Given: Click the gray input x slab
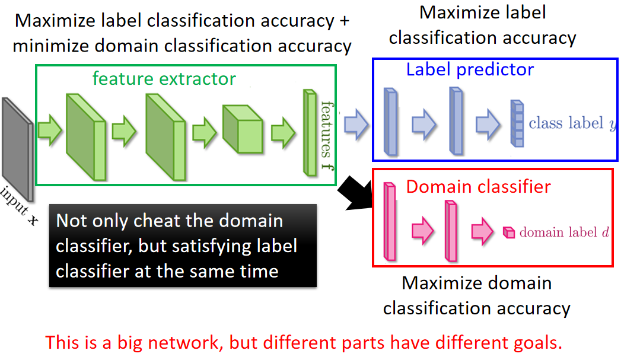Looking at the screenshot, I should tap(14, 148).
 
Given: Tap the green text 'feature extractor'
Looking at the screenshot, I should tap(164, 78).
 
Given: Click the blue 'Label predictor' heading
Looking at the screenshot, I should tap(470, 70).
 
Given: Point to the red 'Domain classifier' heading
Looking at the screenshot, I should tap(478, 187).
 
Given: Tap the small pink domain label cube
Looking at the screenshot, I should tap(508, 232).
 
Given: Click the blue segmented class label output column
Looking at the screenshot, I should tap(517, 123).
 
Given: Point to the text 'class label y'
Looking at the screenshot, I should tap(572, 124).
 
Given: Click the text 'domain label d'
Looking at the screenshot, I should tap(563, 232).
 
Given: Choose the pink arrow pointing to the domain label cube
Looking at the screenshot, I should tap(482, 231).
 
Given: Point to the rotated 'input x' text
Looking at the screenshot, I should tap(18, 208).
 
